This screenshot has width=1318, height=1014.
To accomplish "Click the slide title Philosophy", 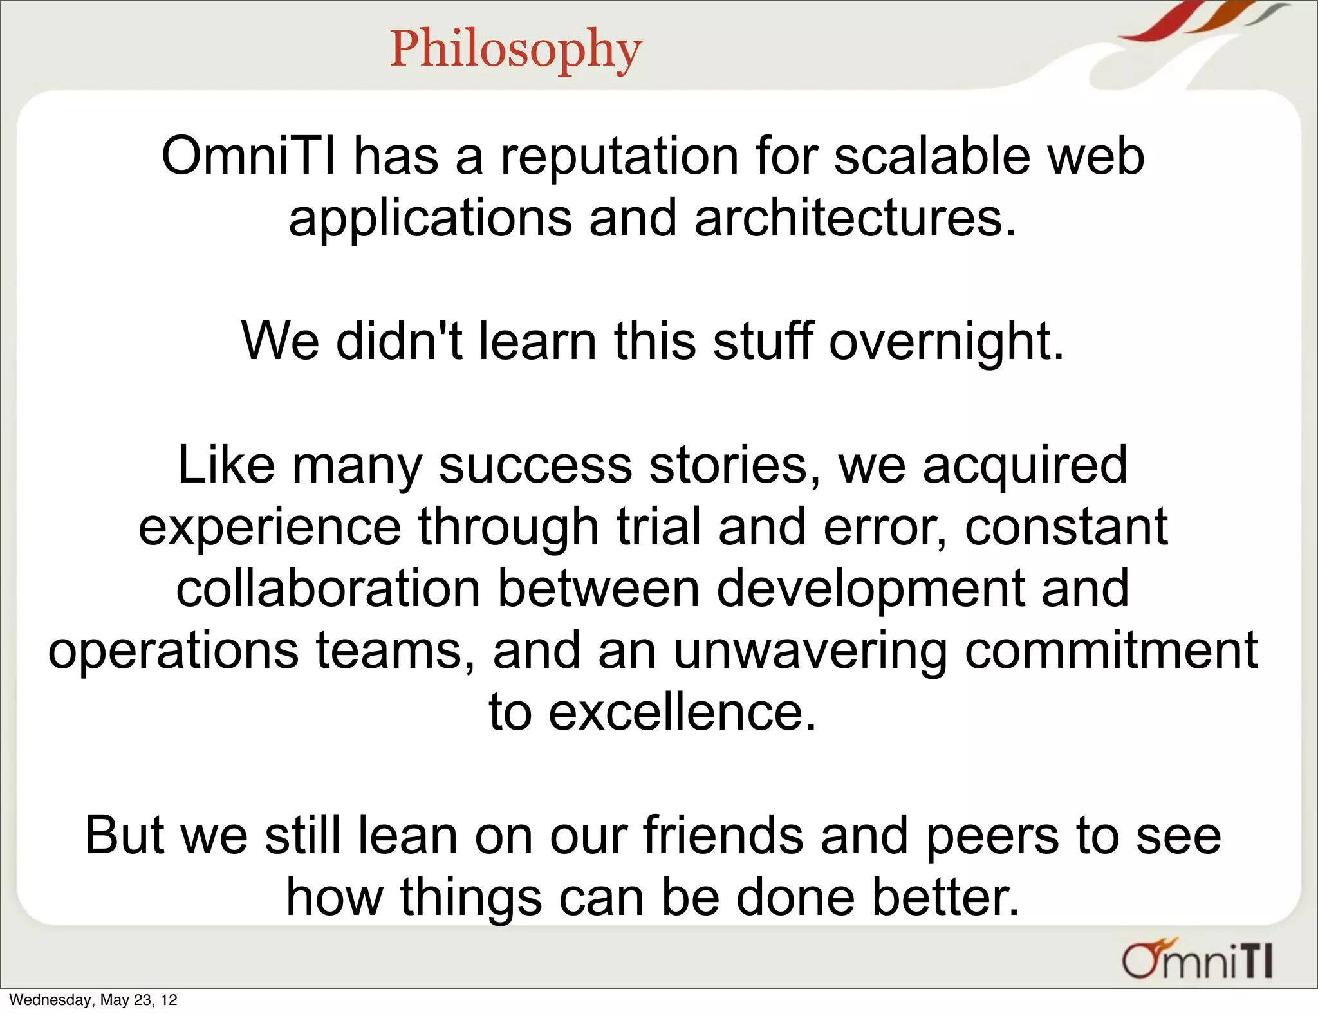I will (x=515, y=49).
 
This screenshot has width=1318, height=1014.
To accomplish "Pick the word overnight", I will (x=946, y=342).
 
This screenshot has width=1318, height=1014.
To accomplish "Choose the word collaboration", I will (x=328, y=589).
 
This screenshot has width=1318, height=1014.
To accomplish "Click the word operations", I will (x=173, y=652).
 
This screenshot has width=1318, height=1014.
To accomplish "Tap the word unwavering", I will (x=810, y=652).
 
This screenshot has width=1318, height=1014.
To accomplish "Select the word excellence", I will (x=682, y=713).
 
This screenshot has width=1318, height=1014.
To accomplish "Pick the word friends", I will (x=723, y=836).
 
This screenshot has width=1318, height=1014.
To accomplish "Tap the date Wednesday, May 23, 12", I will (x=93, y=1000).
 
